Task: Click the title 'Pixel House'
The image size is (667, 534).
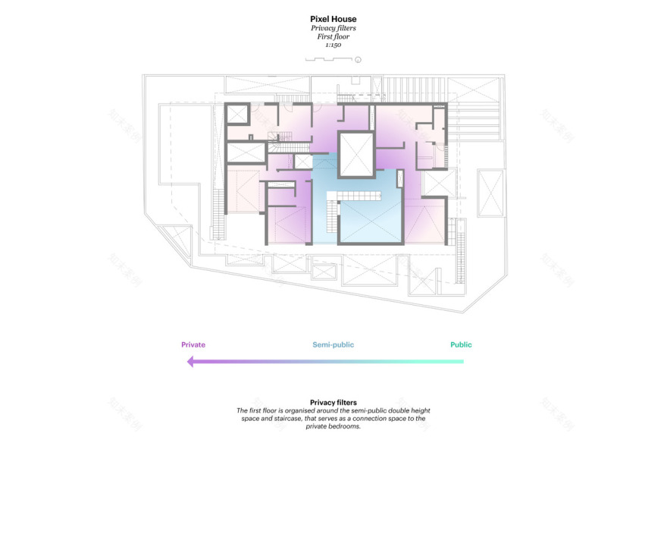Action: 333,19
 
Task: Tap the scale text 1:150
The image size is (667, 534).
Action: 333,46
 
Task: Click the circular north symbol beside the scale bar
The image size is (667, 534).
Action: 359,59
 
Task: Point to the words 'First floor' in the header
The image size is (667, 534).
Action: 333,36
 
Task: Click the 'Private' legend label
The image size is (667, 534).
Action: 193,345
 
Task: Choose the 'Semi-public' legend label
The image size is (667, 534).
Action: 333,345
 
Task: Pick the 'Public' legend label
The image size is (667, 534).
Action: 461,345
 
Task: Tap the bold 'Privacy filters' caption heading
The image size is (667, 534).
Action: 333,403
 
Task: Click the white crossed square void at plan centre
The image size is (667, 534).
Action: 355,155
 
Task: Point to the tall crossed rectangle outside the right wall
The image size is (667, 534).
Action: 490,193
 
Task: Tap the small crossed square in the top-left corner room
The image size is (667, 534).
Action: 238,115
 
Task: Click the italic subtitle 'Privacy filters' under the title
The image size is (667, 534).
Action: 333,28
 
